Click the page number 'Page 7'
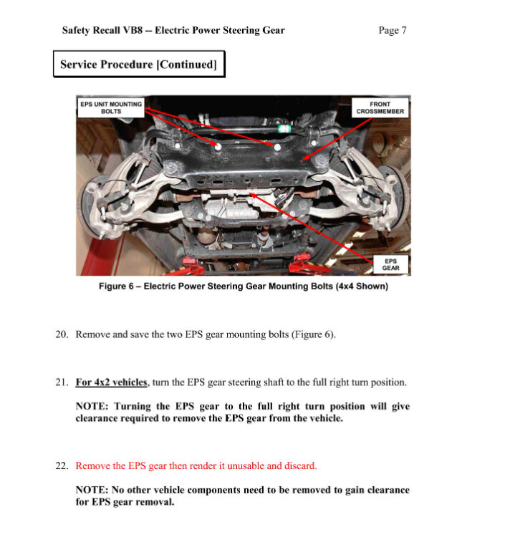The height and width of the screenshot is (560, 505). (x=393, y=30)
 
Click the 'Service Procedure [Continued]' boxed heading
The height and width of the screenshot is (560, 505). (x=138, y=64)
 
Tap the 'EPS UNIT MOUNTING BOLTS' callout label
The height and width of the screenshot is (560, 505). (x=111, y=107)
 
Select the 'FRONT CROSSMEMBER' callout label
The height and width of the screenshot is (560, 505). (x=380, y=107)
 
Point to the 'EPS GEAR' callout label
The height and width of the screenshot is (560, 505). (x=390, y=264)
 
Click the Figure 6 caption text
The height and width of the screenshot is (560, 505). (x=243, y=286)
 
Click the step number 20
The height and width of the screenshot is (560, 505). (x=62, y=334)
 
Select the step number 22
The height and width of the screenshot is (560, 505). (x=62, y=465)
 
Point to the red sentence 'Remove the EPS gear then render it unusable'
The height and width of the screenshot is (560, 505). (x=196, y=465)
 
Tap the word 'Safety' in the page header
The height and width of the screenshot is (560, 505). (x=77, y=30)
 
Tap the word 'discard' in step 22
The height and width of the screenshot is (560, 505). (x=300, y=465)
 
